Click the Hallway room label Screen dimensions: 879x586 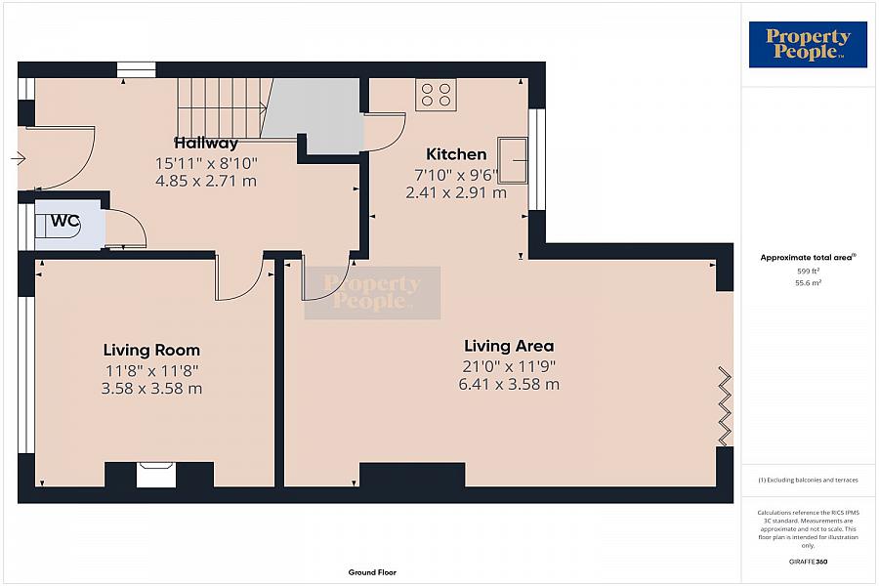[206, 144]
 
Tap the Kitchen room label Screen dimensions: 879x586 [456, 154]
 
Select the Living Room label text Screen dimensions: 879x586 [151, 351]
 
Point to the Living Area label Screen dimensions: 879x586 [509, 346]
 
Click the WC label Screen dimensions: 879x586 [65, 221]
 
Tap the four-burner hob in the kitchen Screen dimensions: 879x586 [436, 95]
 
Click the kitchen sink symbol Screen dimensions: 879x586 [513, 160]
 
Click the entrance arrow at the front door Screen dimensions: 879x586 [18, 159]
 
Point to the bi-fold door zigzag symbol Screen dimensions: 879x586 [725, 403]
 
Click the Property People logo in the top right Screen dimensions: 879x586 [808, 45]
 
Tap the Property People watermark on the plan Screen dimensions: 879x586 [372, 293]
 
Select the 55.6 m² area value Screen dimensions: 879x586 [808, 283]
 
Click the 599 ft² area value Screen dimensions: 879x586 [808, 271]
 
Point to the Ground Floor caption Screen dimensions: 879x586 [372, 572]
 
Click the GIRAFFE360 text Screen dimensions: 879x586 [808, 562]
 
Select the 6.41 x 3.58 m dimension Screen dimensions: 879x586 [509, 385]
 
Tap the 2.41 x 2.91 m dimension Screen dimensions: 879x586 [456, 193]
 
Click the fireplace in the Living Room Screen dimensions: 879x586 [156, 475]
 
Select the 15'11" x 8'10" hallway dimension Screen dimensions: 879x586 [206, 164]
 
